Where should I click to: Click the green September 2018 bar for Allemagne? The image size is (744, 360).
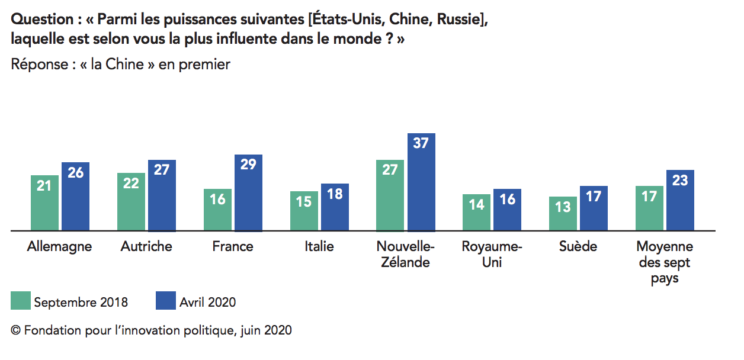(44, 202)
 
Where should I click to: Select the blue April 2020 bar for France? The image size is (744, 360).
(248, 192)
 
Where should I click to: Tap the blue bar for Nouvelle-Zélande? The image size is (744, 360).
(422, 182)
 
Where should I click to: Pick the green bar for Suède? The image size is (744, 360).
(563, 213)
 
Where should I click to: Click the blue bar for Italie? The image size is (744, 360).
(335, 207)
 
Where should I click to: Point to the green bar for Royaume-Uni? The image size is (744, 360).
(477, 212)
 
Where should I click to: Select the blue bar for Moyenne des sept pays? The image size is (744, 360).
(680, 200)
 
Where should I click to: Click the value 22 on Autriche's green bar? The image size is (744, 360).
(131, 184)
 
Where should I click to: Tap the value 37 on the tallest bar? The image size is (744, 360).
(421, 143)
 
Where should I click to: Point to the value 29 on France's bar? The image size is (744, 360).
(248, 165)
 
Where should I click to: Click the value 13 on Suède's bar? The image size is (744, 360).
(563, 207)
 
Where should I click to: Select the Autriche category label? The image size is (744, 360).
(146, 246)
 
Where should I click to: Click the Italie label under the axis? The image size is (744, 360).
(319, 246)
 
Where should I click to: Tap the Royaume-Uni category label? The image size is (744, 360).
(492, 255)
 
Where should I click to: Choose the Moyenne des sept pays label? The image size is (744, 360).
(665, 262)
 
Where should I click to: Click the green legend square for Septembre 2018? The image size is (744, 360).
(21, 301)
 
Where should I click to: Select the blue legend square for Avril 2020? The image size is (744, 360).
(166, 301)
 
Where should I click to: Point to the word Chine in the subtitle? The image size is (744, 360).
(124, 65)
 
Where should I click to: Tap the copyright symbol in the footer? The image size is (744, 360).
(15, 330)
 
